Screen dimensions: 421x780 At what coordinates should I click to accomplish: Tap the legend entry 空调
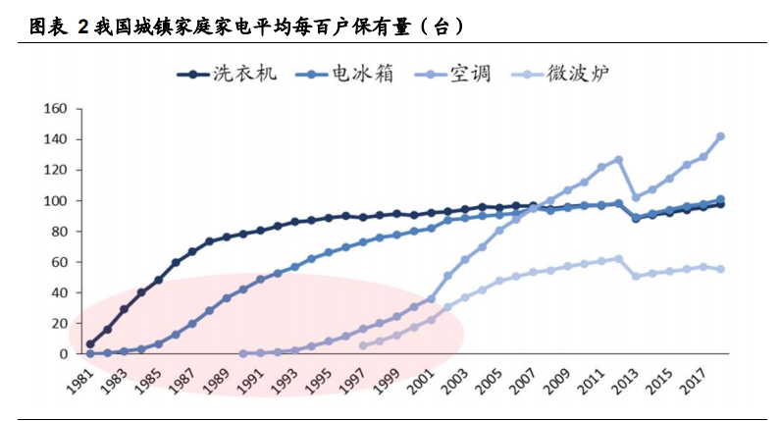pos(471,74)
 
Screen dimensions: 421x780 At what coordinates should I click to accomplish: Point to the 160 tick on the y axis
pos(55,109)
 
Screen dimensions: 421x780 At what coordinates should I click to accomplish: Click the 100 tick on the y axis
pos(55,201)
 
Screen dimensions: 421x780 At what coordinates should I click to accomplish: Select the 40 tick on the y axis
pos(59,292)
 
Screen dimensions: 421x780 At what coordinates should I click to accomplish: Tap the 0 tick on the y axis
pos(63,353)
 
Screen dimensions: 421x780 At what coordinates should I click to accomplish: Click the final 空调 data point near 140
pos(720,136)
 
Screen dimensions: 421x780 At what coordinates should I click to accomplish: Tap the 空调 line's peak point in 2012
pos(618,159)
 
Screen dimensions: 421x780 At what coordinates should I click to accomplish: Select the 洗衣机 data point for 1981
pos(90,344)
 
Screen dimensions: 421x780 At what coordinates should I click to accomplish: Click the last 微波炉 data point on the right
pos(720,269)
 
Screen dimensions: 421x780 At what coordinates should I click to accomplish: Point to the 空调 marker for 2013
pos(636,197)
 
